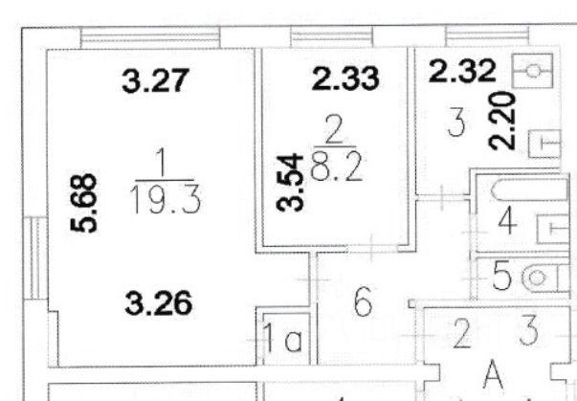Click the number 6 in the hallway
[x=362, y=305]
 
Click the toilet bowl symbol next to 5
[x=542, y=278]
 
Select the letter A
[x=493, y=376]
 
